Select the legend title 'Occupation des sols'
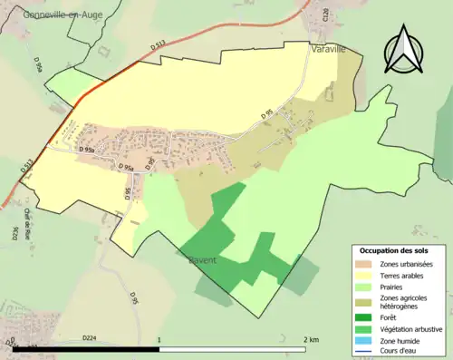coord(396,250)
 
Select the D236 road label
coord(15,233)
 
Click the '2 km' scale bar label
coord(310,339)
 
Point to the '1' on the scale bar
coord(159,339)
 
